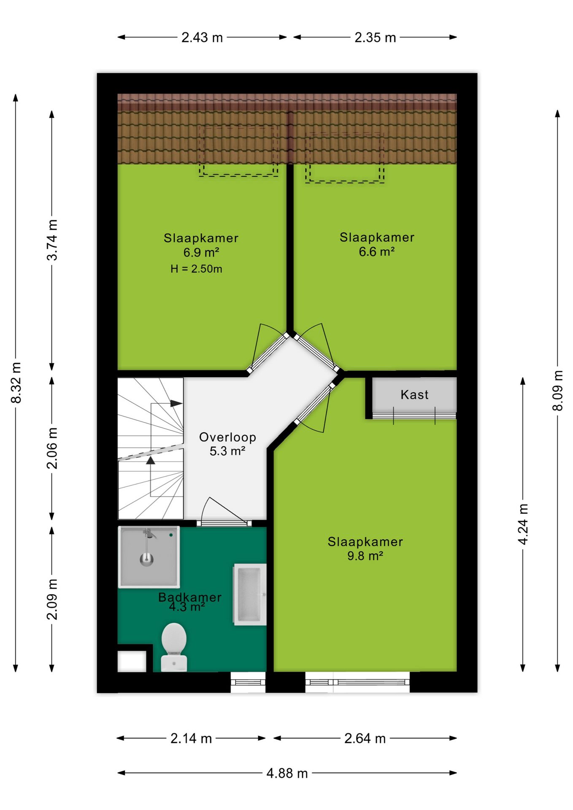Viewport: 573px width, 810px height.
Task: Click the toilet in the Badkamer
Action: click(174, 647)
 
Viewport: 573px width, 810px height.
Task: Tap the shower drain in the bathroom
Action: click(146, 559)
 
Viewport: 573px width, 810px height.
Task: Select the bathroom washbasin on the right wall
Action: click(250, 594)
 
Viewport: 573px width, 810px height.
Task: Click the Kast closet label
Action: click(414, 395)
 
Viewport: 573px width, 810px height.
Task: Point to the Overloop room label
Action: click(227, 437)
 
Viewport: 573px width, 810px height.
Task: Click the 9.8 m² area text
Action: click(365, 556)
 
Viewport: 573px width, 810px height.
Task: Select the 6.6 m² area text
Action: click(376, 252)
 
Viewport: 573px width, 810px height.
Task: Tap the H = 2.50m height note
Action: click(196, 269)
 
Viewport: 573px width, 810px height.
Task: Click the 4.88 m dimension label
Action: click(287, 773)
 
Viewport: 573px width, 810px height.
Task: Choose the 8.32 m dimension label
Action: click(16, 383)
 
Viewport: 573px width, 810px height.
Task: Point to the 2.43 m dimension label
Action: click(202, 38)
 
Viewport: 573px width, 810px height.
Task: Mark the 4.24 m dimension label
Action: click(523, 524)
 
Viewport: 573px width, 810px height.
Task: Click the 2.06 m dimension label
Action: click(52, 448)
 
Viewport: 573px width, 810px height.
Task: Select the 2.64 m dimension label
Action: click(365, 738)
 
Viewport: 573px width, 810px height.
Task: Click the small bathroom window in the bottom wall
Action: click(248, 682)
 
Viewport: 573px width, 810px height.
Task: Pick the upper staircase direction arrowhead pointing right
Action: click(176, 403)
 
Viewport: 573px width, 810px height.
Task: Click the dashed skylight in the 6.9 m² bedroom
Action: click(238, 151)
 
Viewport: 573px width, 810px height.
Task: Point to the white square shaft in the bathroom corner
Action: click(132, 661)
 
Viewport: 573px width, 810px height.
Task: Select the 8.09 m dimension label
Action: click(557, 390)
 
